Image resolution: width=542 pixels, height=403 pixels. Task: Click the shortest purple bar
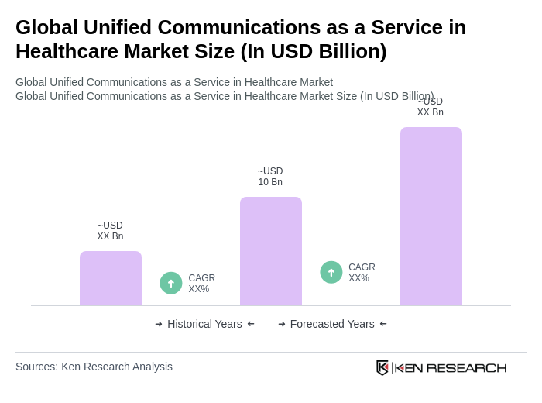coord(111,278)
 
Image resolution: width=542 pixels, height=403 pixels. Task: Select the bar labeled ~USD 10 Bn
coord(271,251)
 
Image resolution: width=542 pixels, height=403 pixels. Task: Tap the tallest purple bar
coord(431,216)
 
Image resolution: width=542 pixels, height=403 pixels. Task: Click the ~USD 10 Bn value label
coord(270,177)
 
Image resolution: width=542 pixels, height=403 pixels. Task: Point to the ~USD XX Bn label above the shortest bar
coord(110,231)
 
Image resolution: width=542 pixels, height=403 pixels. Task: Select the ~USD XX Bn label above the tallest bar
coord(431,108)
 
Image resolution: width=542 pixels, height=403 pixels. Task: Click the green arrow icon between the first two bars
coord(171,283)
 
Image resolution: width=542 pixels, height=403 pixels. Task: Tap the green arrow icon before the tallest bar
coord(331,272)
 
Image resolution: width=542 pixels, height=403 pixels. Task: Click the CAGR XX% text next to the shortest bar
coord(201,284)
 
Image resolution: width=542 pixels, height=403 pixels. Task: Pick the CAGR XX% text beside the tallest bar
coord(362,273)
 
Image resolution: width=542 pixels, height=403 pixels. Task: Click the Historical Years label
coord(204,324)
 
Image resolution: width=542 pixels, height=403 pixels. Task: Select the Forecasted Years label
coord(332,324)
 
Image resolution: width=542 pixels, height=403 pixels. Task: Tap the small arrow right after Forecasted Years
coord(383,324)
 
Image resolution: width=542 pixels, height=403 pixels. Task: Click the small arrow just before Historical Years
coord(159,324)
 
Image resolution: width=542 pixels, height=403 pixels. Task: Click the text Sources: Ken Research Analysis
coord(94,367)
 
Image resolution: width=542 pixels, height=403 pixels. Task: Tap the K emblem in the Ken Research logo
coord(382,367)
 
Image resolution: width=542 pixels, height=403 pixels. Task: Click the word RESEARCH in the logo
coord(466,367)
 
